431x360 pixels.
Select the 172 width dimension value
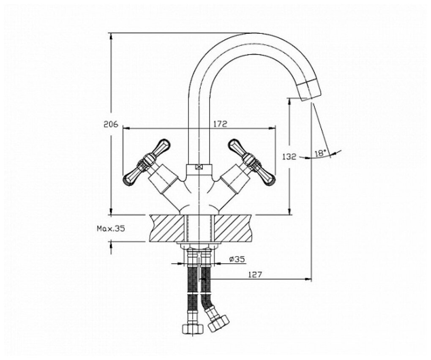point(220,124)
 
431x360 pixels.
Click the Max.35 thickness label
point(111,229)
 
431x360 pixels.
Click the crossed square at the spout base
point(198,167)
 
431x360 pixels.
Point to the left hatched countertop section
point(167,228)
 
